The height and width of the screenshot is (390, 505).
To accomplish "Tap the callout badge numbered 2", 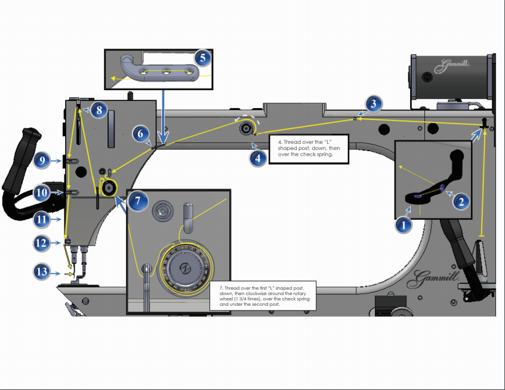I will (x=460, y=201).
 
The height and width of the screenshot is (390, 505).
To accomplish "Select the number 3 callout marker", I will (x=373, y=103).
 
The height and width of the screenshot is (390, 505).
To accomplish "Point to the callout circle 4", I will (x=257, y=159).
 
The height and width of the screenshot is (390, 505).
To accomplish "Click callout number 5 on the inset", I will (x=202, y=58).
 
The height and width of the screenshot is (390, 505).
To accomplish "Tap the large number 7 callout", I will (x=138, y=202).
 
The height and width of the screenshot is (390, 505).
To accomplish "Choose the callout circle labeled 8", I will (x=99, y=110).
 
